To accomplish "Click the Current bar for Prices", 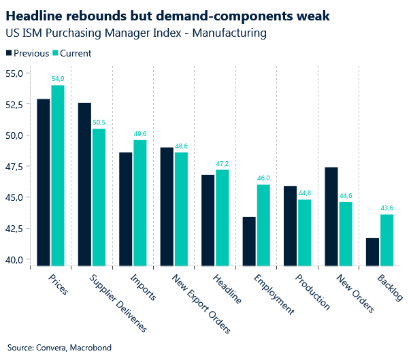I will point(58,175).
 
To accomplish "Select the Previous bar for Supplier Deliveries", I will point(84,184).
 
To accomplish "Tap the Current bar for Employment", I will point(263,225).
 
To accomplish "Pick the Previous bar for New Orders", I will point(332,216).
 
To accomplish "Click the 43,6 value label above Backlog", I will point(387,209).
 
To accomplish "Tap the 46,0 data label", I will point(263,179).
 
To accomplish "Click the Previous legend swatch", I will point(9,53).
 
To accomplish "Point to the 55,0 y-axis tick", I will point(14,73).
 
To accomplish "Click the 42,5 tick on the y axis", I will point(14,229).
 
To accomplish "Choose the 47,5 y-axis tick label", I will point(14,167).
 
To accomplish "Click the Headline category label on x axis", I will point(227,290).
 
